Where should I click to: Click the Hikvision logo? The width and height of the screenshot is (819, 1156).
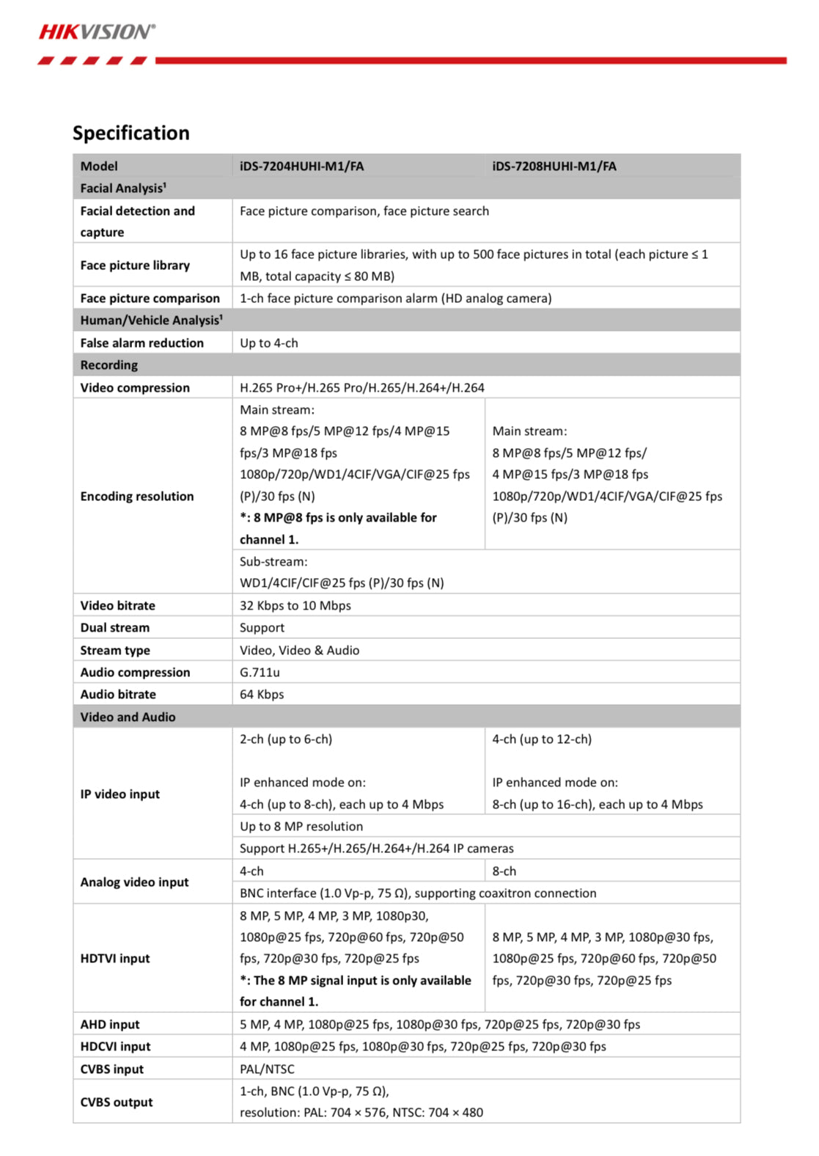click(x=97, y=32)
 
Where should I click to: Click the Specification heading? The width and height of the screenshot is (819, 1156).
click(x=131, y=133)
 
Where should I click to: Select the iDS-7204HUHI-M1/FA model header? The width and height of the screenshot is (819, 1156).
click(x=301, y=166)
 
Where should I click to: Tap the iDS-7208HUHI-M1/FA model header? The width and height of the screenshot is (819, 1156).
click(x=554, y=166)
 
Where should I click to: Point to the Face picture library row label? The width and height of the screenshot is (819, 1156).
click(x=135, y=265)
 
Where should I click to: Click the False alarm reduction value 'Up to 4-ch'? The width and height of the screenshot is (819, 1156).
click(x=268, y=343)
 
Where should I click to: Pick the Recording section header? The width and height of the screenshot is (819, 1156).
click(x=109, y=365)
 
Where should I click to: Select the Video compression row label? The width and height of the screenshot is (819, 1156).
click(x=135, y=387)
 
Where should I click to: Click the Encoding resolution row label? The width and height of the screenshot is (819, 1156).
click(x=137, y=496)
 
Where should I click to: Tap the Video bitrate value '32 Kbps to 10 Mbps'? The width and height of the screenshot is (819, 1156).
click(x=295, y=605)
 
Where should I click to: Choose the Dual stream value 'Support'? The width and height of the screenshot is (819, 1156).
click(x=262, y=627)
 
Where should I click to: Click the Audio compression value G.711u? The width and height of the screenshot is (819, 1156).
click(x=260, y=672)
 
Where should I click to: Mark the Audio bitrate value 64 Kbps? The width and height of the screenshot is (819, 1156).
click(x=261, y=694)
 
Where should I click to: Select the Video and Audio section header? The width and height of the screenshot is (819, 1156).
click(x=128, y=717)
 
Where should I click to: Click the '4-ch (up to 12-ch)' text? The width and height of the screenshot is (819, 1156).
click(x=542, y=739)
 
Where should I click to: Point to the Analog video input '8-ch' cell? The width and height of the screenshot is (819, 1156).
click(x=504, y=871)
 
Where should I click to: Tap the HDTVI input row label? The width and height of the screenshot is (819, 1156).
click(x=115, y=958)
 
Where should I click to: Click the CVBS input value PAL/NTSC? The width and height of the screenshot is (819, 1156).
click(x=267, y=1069)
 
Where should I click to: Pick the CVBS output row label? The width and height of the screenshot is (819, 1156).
click(x=117, y=1102)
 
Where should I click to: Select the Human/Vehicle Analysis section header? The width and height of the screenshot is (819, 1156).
click(x=151, y=320)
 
